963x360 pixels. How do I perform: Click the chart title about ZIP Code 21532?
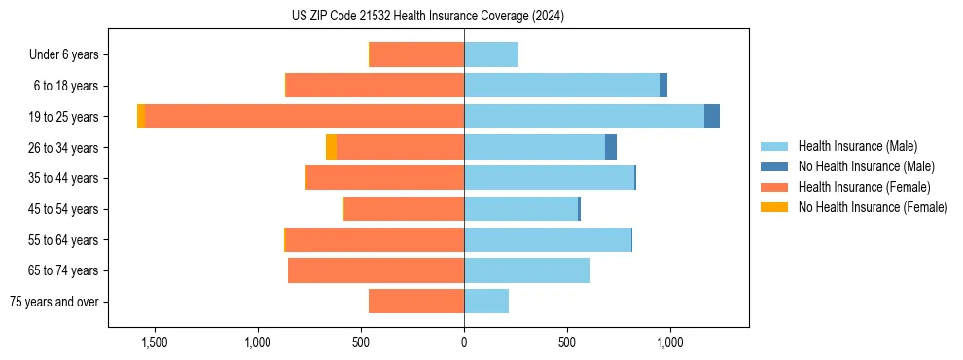point(428,17)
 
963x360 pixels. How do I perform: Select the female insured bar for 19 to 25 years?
point(303,117)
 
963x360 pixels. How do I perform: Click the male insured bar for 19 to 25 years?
point(584,117)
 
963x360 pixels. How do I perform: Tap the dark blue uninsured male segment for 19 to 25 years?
point(712,117)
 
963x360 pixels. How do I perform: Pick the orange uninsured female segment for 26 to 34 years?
point(331,147)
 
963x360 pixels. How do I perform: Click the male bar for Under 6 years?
point(491,54)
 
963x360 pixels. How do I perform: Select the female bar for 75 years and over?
point(416,302)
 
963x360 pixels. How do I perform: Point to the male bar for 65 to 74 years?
point(527,270)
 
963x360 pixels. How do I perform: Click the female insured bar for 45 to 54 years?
point(405,209)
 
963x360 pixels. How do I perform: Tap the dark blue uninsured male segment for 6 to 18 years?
point(663,86)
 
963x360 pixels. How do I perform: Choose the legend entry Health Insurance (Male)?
point(857,146)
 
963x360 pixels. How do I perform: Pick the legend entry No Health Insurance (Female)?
point(873,207)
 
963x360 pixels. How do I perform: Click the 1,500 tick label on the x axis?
point(155,342)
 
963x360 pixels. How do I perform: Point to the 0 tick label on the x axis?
point(464,342)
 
